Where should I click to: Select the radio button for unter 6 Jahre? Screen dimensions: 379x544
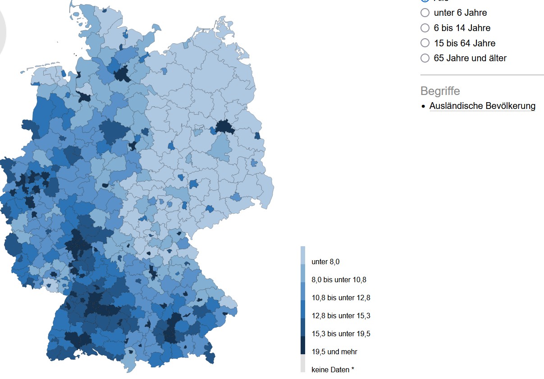(x=425, y=13)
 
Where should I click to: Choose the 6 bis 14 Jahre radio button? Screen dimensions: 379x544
(x=425, y=28)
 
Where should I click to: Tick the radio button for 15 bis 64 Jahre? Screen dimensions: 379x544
(x=425, y=43)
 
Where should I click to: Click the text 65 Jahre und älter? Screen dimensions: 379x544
(x=470, y=58)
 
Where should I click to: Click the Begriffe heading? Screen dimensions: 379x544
(x=440, y=91)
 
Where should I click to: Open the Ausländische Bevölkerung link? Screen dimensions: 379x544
(x=482, y=106)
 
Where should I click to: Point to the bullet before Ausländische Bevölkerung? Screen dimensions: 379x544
(x=423, y=107)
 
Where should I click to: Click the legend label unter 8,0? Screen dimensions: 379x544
(x=325, y=262)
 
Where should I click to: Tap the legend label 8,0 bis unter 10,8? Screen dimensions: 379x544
(x=338, y=280)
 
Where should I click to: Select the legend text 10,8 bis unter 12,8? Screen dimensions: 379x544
(x=340, y=298)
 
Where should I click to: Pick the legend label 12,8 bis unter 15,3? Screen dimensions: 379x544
(x=340, y=316)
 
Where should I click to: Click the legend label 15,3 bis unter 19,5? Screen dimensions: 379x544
(x=340, y=334)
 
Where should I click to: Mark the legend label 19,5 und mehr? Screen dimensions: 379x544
(x=334, y=352)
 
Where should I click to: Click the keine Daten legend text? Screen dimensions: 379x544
(x=332, y=370)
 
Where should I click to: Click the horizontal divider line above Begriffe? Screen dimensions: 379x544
(x=482, y=75)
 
